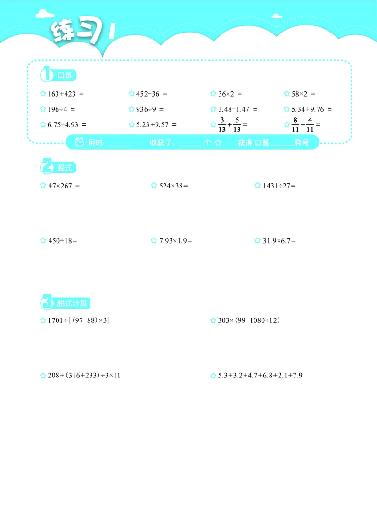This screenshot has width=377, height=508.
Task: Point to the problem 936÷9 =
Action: click(150, 109)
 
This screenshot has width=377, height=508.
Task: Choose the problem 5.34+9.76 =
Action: click(311, 109)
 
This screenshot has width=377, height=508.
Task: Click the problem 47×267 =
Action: click(64, 186)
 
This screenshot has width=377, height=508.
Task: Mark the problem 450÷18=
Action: click(62, 241)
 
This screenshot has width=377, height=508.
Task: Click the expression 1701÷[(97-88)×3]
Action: click(79, 320)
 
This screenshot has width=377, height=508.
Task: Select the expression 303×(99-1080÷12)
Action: click(249, 320)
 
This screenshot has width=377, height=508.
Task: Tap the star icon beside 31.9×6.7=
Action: click(258, 241)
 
